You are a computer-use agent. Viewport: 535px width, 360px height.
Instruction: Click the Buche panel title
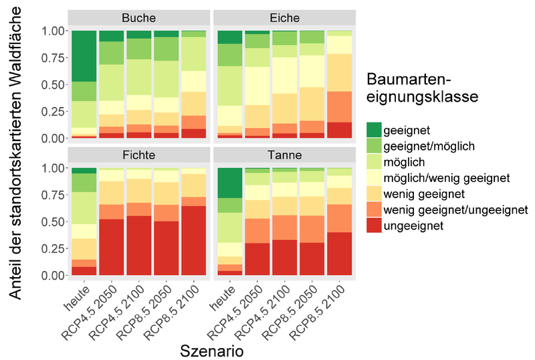[x=139, y=18]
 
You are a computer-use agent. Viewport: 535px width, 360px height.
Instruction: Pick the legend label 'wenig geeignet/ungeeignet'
[x=455, y=211]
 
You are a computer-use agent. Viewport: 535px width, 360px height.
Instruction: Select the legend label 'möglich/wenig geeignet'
[x=447, y=179]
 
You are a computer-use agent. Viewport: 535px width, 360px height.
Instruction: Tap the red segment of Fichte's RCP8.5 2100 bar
[x=194, y=241]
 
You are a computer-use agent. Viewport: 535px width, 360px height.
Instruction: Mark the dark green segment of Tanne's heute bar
[x=229, y=183]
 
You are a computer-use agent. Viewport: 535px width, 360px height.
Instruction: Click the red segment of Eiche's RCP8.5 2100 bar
[x=339, y=130]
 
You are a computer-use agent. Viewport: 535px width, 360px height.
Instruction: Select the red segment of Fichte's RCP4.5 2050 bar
[x=112, y=248]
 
